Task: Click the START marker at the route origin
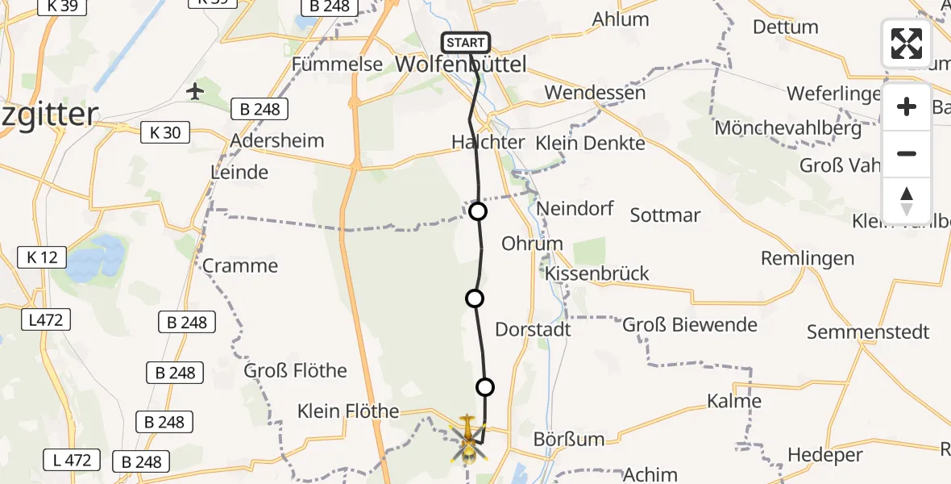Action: pyautogui.click(x=466, y=43)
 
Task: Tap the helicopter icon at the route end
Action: pyautogui.click(x=467, y=438)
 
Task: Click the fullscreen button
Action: pyautogui.click(x=907, y=44)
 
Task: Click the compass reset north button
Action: pyautogui.click(x=907, y=201)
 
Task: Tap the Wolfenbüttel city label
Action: pyautogui.click(x=460, y=65)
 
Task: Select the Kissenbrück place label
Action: pyautogui.click(x=596, y=273)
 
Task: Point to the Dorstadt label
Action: pyautogui.click(x=533, y=329)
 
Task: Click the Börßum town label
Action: pyautogui.click(x=569, y=440)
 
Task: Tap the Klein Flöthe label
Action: pyautogui.click(x=348, y=411)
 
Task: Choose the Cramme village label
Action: pyautogui.click(x=240, y=265)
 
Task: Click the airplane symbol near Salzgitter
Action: pyautogui.click(x=195, y=91)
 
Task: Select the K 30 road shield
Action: pyautogui.click(x=166, y=132)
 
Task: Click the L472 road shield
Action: pyautogui.click(x=44, y=320)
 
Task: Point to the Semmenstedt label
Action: pyautogui.click(x=868, y=332)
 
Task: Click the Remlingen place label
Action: pyautogui.click(x=808, y=259)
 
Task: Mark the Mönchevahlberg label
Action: pyautogui.click(x=787, y=127)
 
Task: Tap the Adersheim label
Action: pyautogui.click(x=276, y=140)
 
